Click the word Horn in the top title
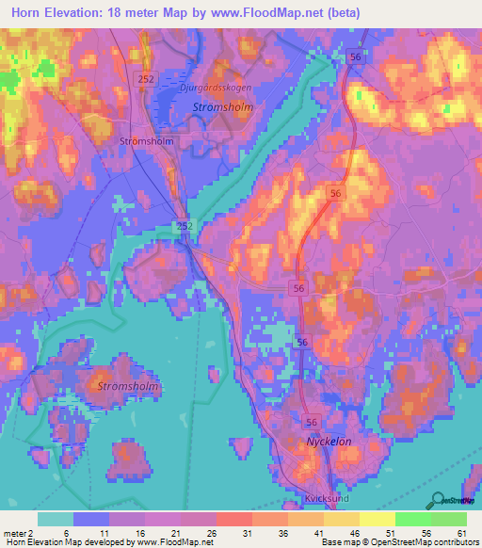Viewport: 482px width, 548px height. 30,12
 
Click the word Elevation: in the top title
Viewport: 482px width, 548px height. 86,12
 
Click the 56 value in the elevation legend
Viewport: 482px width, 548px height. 428,534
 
